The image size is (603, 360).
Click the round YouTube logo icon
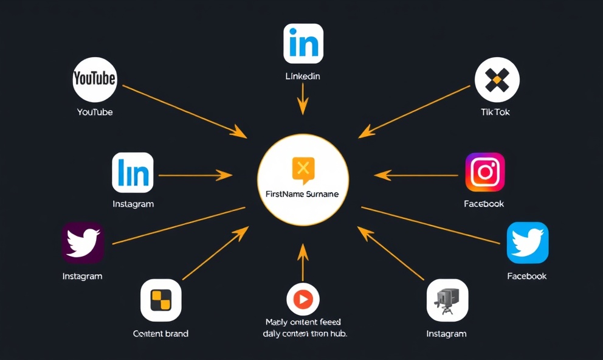94,80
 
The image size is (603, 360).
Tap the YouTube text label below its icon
95,112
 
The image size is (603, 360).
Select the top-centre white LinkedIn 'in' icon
303,44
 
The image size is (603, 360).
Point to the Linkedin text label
303,77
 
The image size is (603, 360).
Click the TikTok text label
495,112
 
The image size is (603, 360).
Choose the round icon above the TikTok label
497,80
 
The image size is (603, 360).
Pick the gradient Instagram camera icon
485,172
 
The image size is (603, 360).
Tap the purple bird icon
83,243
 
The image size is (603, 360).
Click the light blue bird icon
528,243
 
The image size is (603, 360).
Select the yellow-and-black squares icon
160,300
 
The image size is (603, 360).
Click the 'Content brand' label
160,333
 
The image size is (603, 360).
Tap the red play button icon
303,299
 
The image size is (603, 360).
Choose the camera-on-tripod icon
447,300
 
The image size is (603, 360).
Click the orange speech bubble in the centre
303,170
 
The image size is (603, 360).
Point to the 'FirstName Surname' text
303,194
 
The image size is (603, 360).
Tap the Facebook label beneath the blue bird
527,276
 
